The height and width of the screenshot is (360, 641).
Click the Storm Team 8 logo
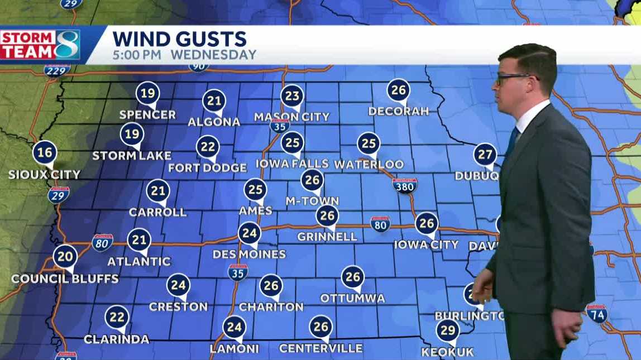40,45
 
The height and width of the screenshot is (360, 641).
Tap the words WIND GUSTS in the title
179,39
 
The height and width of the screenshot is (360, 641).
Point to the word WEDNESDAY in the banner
213,55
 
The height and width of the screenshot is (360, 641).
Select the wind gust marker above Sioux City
45,153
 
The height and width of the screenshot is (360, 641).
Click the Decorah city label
398,111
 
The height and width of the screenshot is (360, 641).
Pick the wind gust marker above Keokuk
448,330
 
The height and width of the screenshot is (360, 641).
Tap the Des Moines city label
249,255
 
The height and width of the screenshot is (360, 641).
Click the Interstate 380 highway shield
404,185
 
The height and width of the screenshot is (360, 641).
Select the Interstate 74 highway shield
596,314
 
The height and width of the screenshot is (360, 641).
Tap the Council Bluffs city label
65,279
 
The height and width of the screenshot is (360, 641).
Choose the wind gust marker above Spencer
147,93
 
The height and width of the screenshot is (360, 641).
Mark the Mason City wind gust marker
292,96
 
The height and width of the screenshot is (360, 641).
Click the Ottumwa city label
352,299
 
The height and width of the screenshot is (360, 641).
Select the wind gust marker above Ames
255,190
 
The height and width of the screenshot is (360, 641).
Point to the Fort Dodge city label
207,168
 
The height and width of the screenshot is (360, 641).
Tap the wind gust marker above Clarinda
117,318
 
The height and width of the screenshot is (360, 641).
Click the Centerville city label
320,349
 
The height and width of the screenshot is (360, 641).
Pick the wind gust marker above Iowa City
427,224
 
